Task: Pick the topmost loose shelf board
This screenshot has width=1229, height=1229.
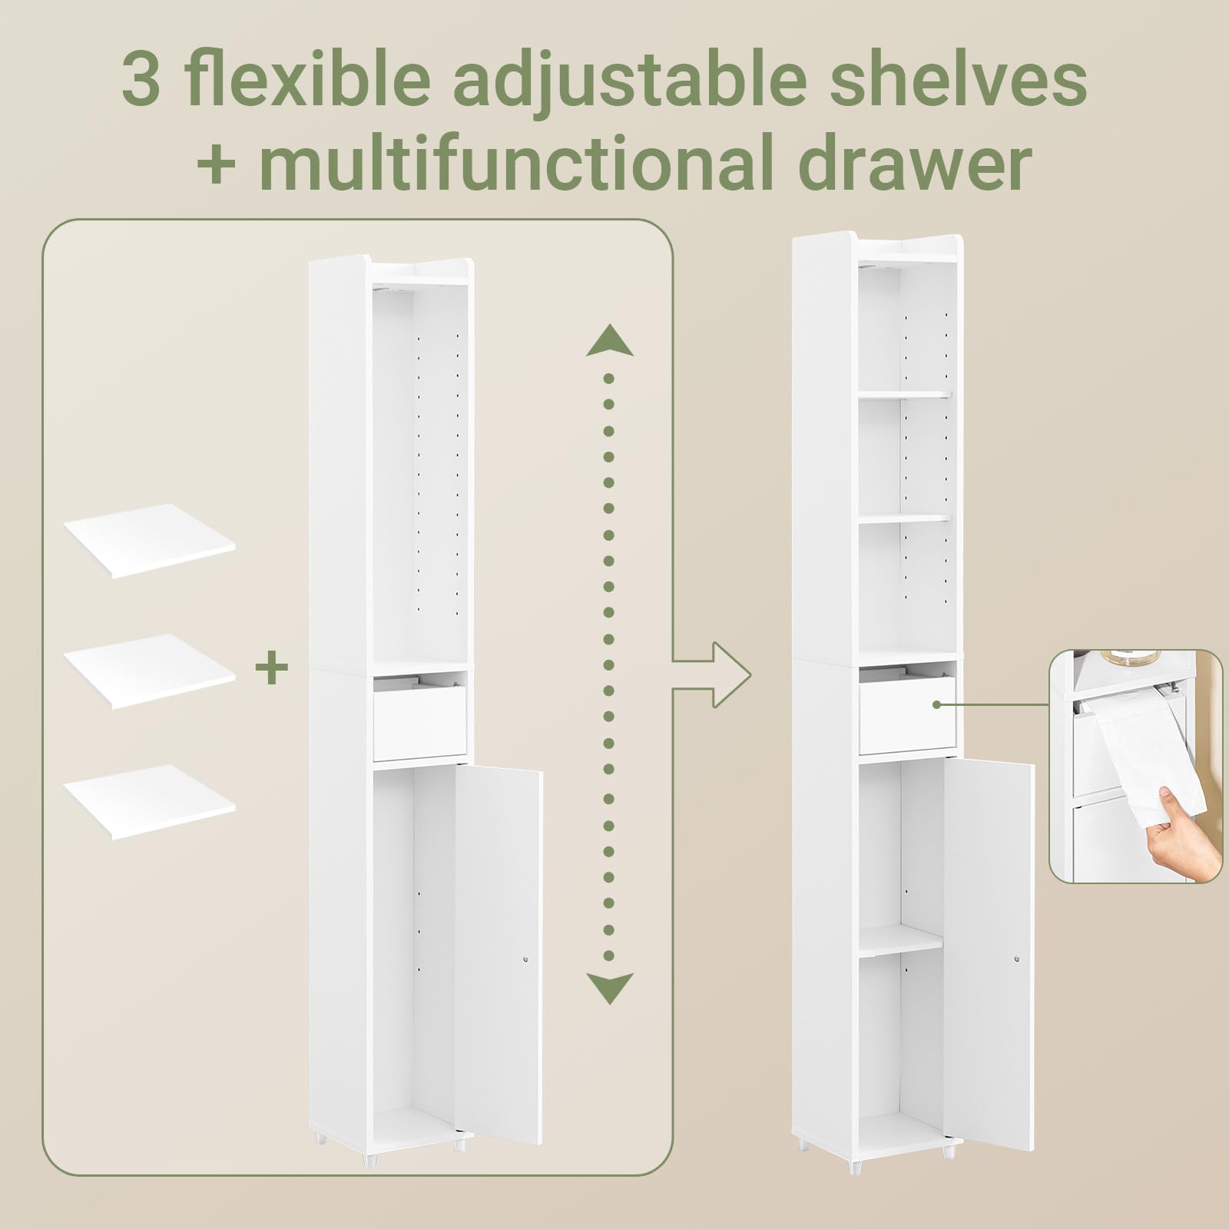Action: click(150, 541)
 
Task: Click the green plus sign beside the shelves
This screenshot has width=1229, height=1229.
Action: click(271, 668)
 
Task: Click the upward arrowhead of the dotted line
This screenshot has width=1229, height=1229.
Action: click(609, 340)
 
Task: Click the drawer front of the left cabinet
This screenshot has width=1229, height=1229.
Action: click(420, 718)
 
